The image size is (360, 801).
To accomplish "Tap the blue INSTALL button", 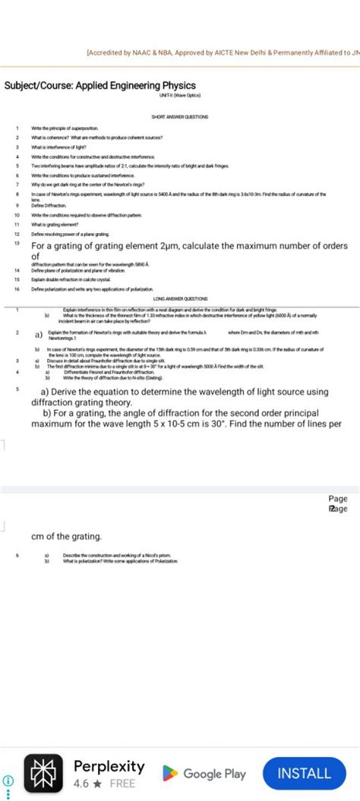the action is (305, 773).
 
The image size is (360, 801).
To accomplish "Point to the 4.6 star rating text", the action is (82, 783).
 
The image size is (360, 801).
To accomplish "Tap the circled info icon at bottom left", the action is (9, 780).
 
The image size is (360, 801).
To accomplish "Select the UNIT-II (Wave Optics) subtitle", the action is (180, 96).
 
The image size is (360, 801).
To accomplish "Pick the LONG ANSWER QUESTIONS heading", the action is (180, 299).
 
